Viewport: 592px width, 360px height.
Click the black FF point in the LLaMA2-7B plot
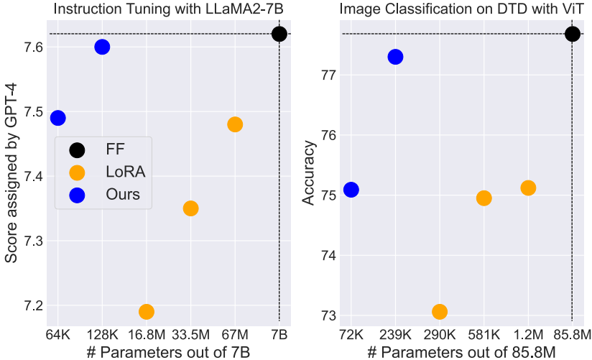[279, 34]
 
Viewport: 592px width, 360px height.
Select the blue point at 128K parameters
[102, 47]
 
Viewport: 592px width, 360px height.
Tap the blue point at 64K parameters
[57, 118]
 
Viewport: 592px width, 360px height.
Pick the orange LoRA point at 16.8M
[147, 311]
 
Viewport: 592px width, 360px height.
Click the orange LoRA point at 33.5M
[190, 208]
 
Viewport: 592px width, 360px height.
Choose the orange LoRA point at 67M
[235, 124]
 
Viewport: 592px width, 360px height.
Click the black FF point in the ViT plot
[572, 34]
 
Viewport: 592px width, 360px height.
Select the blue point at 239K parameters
[395, 57]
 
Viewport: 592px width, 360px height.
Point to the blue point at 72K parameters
[351, 190]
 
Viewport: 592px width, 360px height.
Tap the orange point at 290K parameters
[440, 311]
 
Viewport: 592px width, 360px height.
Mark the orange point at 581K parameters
[484, 198]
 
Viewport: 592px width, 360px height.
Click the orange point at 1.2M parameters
[528, 188]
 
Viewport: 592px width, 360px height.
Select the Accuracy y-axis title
[309, 173]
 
